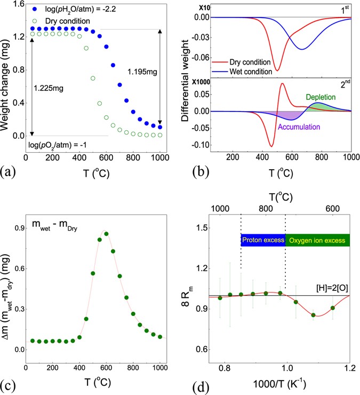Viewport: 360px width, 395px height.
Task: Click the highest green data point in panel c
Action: (106, 234)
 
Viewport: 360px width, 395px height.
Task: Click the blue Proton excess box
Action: (263, 240)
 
